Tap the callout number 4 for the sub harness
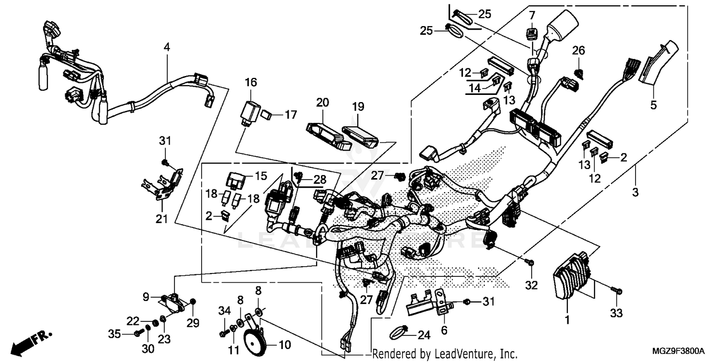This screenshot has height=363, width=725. click(x=167, y=47)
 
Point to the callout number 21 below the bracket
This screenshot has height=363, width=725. click(x=161, y=219)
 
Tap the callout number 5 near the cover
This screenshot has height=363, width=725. click(x=653, y=104)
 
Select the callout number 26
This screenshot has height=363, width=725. click(x=579, y=50)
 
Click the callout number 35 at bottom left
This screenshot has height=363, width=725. click(x=114, y=333)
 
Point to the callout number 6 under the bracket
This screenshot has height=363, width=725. click(x=444, y=330)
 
